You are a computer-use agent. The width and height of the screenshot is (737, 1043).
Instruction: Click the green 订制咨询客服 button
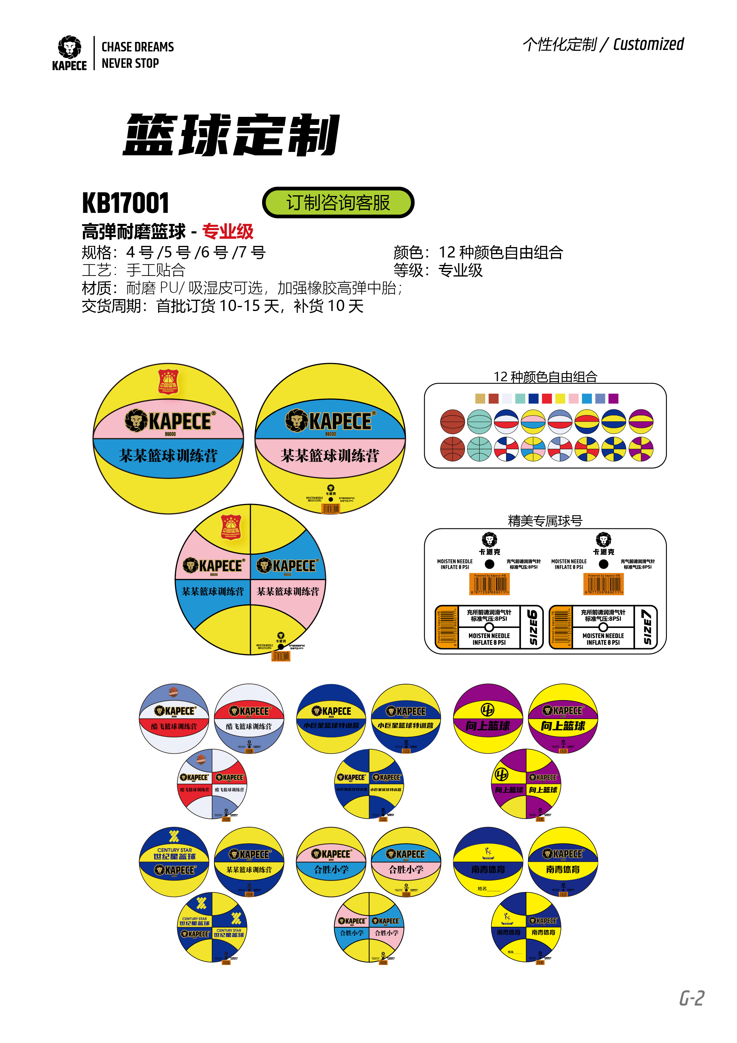coord(338,202)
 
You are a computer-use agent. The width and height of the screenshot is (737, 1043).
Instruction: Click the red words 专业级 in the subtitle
coord(228,232)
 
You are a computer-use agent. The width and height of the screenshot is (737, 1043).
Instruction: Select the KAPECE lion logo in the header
coord(70,48)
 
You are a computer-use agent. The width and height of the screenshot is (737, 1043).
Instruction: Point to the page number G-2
coord(692,998)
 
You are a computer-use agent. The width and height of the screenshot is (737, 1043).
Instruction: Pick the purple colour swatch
coord(613,398)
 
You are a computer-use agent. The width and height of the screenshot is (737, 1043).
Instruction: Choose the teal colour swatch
coord(520,398)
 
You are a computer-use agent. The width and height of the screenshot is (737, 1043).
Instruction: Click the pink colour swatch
coord(574,398)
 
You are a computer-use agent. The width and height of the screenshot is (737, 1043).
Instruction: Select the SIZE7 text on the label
coord(647,627)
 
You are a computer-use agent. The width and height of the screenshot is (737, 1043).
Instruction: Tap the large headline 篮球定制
coord(231,135)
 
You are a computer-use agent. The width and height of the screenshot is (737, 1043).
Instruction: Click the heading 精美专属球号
coord(545,521)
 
